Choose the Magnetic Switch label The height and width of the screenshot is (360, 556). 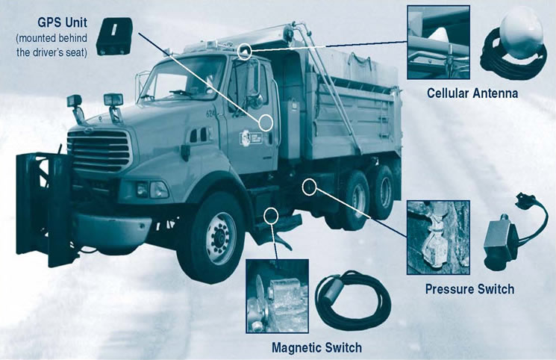pos(316,347)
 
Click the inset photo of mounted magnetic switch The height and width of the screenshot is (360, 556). pos(277,296)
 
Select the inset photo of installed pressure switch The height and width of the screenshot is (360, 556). pos(438,238)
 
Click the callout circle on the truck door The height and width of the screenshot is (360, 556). pos(267,122)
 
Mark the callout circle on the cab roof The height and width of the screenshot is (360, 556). pos(245,52)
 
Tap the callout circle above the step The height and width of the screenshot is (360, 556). pos(271,217)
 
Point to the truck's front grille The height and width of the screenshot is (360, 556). pos(99,150)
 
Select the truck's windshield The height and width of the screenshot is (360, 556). pos(182,78)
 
